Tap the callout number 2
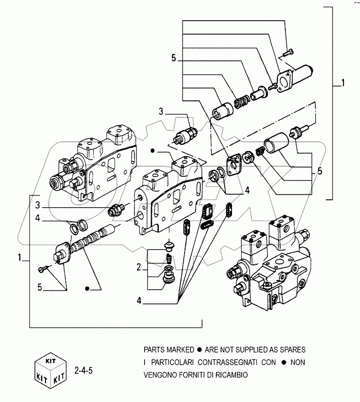pos(139,267)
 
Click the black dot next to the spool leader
pos(87,288)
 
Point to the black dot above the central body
pos(152,150)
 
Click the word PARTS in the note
pos(154,350)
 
